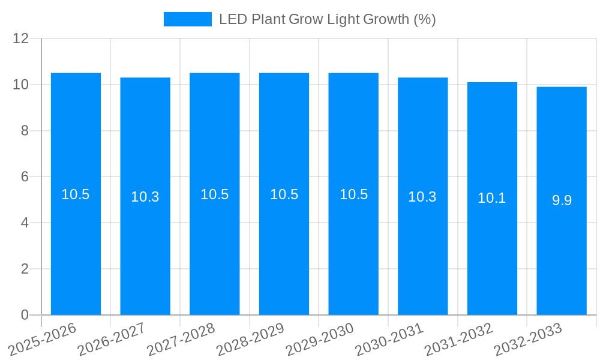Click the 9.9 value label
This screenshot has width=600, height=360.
562,200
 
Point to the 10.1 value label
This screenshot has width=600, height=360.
492,198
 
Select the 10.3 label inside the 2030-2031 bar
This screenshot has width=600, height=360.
422,197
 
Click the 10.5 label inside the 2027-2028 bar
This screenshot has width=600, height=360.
214,194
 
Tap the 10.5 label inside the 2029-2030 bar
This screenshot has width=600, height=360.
353,194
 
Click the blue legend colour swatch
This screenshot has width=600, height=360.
187,19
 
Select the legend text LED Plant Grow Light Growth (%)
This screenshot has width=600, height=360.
327,19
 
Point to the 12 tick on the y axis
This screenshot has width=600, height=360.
21,38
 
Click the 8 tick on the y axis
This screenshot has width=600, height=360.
25,131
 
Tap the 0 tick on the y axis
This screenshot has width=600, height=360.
25,315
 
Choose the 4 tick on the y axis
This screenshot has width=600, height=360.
25,223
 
